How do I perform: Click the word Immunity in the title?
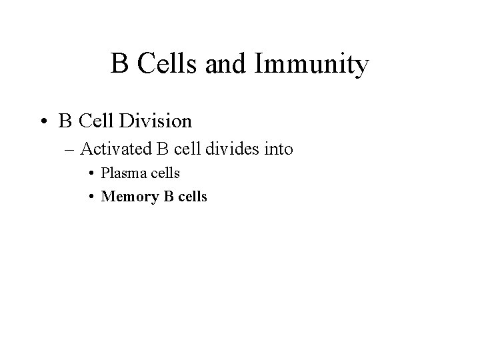tap(311, 65)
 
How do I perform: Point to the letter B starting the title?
tap(121, 65)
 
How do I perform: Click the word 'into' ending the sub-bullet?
tap(277, 149)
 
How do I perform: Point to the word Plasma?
tap(121, 173)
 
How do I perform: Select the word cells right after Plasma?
tap(163, 173)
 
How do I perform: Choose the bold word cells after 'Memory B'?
tap(190, 197)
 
